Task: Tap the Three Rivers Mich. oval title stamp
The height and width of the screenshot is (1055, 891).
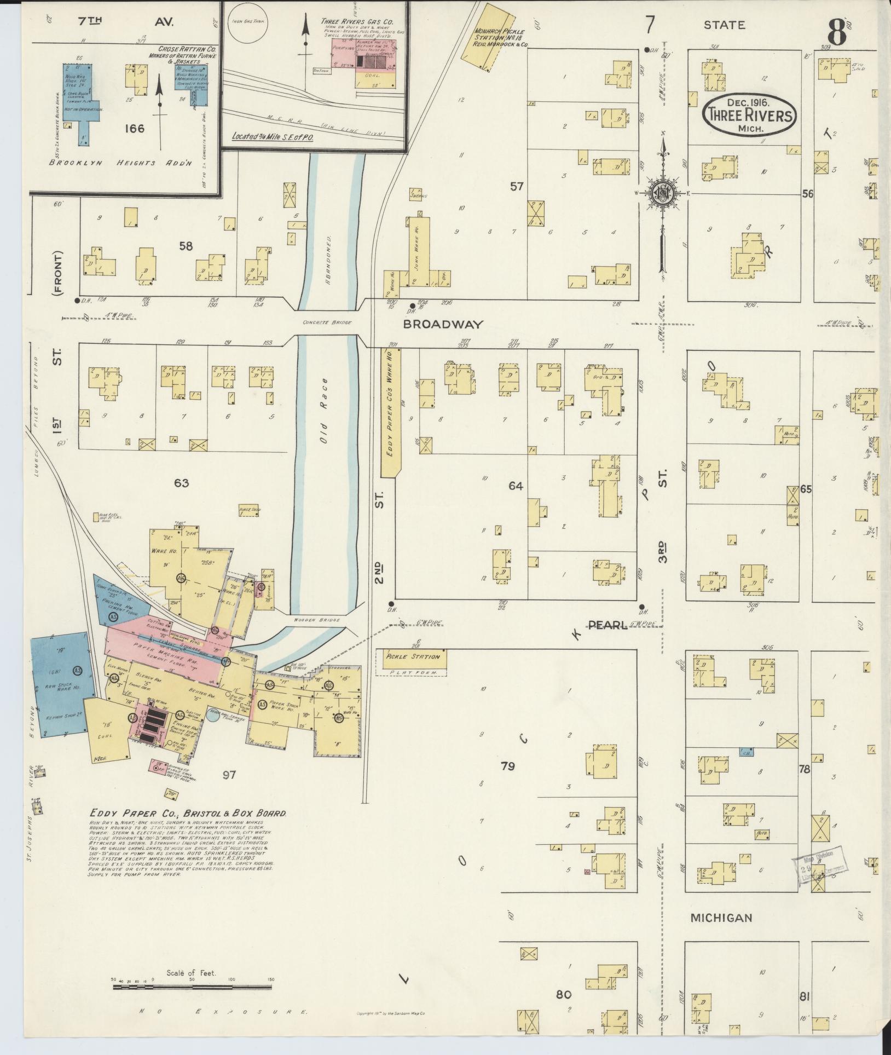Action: (749, 115)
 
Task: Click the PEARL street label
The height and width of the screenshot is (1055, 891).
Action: (607, 625)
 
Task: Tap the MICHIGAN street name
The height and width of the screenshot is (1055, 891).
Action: (720, 917)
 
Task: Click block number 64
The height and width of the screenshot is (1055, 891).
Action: (516, 486)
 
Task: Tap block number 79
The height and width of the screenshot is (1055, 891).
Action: (507, 766)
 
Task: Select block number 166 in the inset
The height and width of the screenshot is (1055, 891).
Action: (134, 129)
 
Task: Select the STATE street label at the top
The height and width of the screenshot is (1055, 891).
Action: (724, 25)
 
